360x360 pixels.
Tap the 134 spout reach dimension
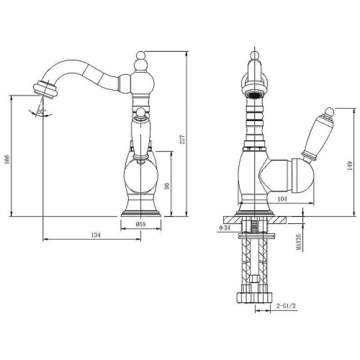[x=95, y=235]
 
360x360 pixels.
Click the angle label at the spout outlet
[x=41, y=111]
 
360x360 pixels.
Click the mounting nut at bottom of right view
[x=254, y=296]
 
